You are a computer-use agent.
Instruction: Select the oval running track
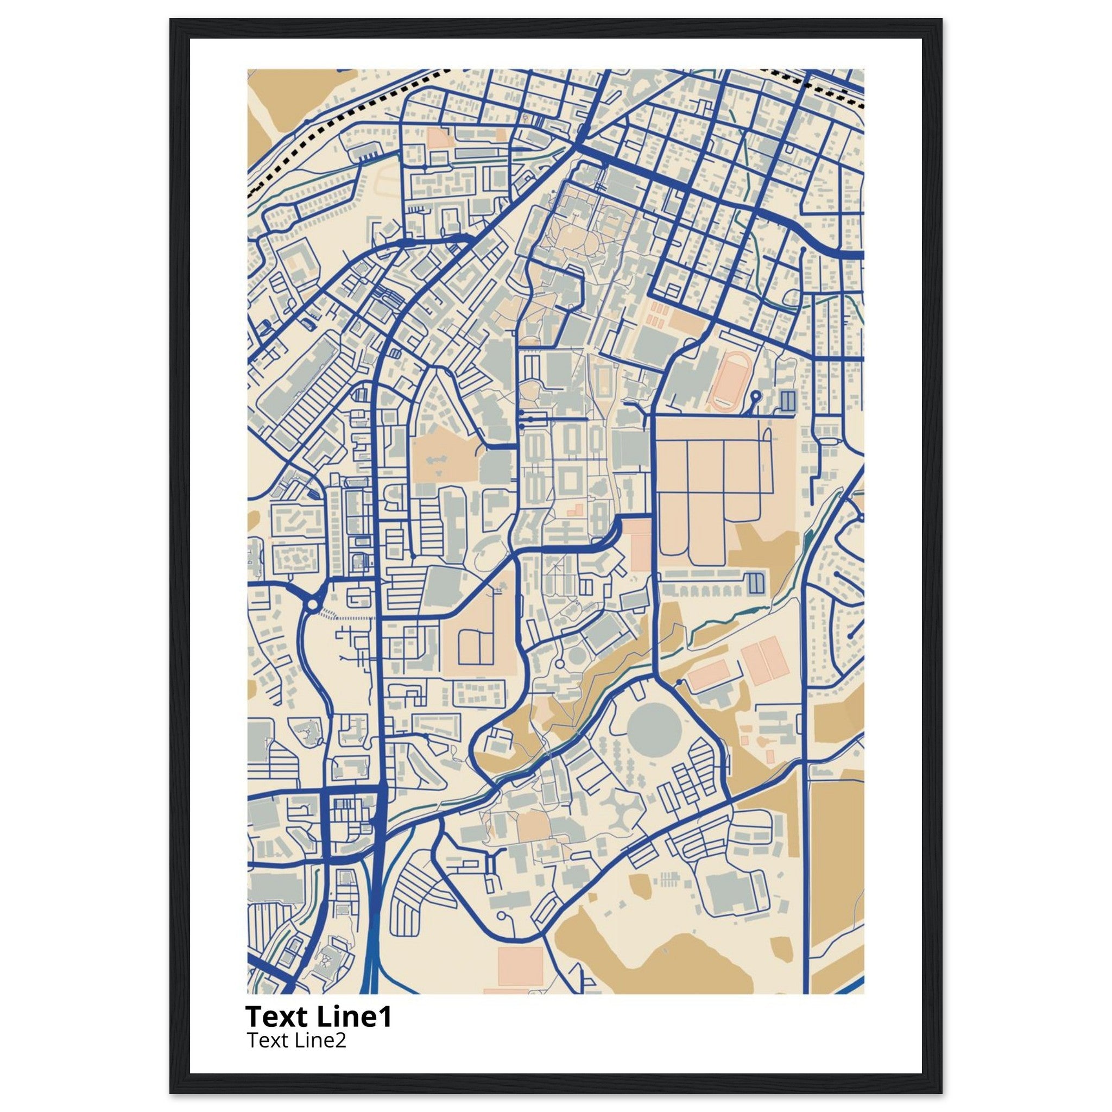pyautogui.click(x=729, y=381)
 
